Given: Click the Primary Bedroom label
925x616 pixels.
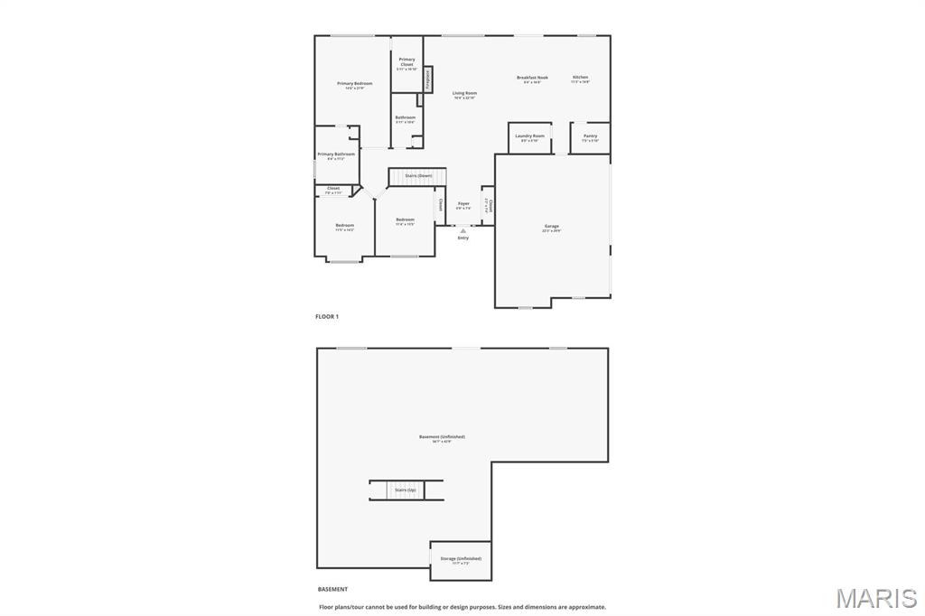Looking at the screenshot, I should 355,83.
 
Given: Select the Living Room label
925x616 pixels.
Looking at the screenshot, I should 465,93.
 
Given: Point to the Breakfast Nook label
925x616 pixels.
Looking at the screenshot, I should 532,78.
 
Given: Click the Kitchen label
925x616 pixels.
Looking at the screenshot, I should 580,78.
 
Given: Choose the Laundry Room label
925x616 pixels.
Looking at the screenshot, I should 530,136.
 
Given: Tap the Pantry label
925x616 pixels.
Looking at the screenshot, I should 590,136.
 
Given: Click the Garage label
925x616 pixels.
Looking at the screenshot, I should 551,226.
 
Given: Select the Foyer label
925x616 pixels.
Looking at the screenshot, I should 463,204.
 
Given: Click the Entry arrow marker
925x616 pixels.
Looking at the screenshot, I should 463,230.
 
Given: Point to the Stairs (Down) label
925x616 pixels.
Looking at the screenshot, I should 418,175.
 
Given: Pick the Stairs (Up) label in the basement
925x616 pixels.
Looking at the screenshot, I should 406,490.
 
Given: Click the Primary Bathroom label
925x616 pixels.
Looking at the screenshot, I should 336,154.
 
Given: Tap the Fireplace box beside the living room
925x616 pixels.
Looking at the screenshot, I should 428,79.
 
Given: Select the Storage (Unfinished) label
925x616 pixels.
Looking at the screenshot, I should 461,558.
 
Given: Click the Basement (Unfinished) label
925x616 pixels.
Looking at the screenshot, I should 442,437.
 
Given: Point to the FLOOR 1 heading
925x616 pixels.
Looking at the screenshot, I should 327,317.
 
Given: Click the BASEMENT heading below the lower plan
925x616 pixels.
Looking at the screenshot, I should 332,589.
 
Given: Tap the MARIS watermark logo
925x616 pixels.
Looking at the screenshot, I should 876,597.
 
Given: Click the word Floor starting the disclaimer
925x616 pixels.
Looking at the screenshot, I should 326,607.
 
